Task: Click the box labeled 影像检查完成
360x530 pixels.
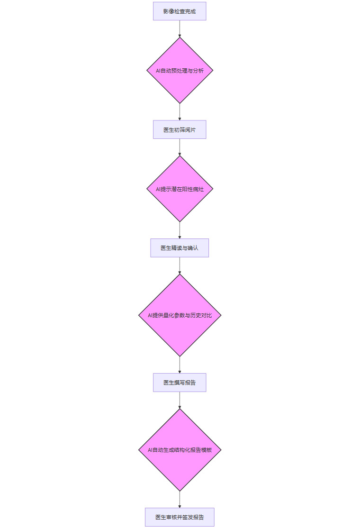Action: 180,11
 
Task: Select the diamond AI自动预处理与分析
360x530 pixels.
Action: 180,70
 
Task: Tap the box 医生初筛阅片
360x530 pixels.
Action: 180,129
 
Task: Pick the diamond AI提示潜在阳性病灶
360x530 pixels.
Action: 180,189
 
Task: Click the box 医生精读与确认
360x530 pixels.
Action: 180,248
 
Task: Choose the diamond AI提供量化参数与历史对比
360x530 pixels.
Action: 180,315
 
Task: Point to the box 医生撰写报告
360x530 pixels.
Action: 180,383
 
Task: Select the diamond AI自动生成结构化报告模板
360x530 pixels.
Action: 180,450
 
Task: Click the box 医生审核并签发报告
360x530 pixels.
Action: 180,517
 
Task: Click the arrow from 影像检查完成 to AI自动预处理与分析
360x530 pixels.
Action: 180,28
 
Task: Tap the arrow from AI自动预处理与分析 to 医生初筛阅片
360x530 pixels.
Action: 180,111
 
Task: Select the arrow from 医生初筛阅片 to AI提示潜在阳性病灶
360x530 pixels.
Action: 180,147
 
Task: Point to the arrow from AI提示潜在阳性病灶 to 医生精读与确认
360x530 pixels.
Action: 180,230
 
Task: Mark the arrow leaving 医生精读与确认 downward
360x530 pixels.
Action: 180,265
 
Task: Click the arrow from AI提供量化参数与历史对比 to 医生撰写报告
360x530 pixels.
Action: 180,365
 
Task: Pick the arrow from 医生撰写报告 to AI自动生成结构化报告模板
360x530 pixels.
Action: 180,400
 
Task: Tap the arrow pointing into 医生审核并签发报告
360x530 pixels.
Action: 180,499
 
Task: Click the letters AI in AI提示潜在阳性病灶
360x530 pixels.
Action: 159,189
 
